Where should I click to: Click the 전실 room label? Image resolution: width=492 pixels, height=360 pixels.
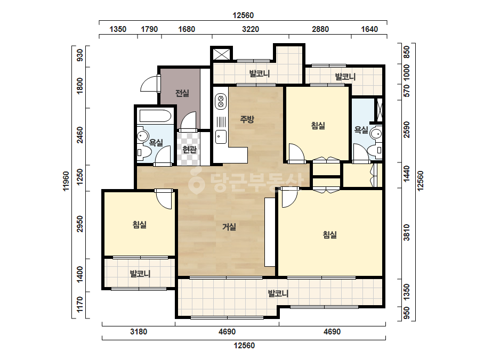click(182, 93)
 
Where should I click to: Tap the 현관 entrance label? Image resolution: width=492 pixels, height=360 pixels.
click(190, 149)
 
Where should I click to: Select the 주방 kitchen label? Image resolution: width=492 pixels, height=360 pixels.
click(247, 119)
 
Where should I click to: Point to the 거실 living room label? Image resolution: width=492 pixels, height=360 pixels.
click(229, 226)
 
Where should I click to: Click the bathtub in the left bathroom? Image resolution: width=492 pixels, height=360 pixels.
click(155, 116)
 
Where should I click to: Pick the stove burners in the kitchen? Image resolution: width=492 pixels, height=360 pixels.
click(221, 101)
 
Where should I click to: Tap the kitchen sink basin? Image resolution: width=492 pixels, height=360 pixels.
click(221, 137)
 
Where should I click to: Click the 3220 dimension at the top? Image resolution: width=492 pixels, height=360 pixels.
click(251, 29)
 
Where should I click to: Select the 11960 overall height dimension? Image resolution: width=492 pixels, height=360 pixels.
click(66, 181)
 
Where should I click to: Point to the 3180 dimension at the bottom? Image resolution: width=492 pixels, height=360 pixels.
click(139, 331)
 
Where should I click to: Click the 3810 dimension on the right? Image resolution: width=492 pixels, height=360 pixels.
click(407, 232)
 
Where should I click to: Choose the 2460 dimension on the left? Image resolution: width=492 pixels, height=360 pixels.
click(80, 135)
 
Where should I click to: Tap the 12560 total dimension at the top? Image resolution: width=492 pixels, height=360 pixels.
click(243, 15)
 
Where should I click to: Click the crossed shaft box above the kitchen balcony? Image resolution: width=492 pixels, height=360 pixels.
click(222, 54)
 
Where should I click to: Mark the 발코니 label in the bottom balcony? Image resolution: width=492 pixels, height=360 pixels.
click(278, 294)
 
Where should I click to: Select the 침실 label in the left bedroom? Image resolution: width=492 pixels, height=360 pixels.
click(139, 225)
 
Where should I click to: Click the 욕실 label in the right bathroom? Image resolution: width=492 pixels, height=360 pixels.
click(361, 129)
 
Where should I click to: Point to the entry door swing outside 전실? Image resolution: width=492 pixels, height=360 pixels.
click(149, 84)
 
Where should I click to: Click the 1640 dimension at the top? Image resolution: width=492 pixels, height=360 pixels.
click(369, 29)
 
